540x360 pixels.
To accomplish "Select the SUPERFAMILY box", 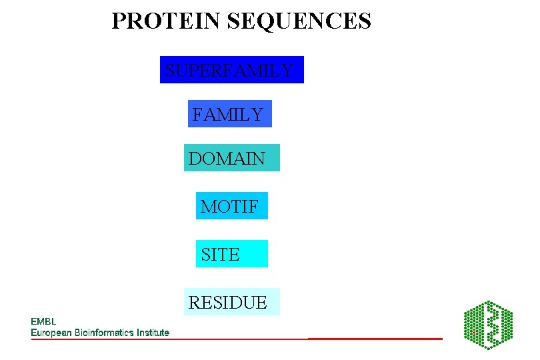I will coord(231,70).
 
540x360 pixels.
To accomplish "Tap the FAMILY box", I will coord(229,114).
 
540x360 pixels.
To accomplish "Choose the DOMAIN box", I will coord(231,158).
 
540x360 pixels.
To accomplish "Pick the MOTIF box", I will coord(231,206).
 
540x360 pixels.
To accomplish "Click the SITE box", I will coord(231,254).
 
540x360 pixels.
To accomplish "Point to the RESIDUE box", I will coord(231,302).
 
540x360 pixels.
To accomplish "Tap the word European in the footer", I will coord(51,332).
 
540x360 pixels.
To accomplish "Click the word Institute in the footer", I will coord(151,332).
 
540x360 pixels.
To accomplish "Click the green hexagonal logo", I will coord(488,325).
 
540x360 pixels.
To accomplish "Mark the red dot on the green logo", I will coord(473,331).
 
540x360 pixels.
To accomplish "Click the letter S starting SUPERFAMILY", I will coord(170,70).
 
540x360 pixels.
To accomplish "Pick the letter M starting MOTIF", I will coord(208,207).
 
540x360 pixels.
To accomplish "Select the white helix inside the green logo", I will coord(492,325).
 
